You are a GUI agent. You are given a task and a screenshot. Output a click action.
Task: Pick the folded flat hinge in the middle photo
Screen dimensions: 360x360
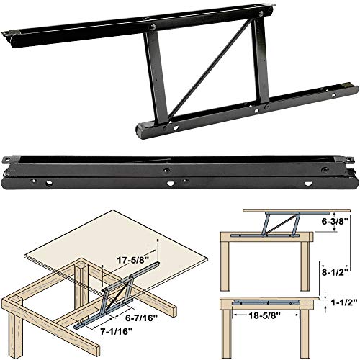180,169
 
